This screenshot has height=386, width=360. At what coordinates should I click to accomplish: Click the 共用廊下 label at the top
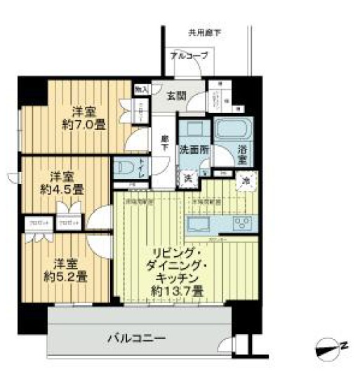(x=204, y=32)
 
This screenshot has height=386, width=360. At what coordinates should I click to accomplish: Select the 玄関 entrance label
(x=176, y=96)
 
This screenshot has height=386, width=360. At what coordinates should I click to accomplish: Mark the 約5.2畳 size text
(x=67, y=277)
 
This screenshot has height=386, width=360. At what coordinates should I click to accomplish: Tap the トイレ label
(x=142, y=168)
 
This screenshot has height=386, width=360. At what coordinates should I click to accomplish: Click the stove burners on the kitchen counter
(x=243, y=225)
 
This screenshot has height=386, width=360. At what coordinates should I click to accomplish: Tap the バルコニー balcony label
(x=137, y=339)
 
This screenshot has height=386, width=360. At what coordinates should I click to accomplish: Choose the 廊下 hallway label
(x=165, y=142)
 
